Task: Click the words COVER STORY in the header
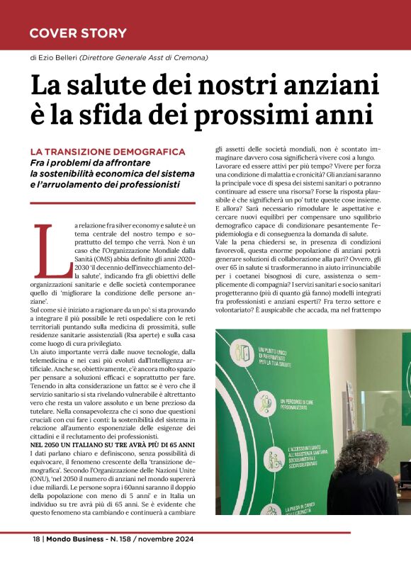78,33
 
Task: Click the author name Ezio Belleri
59,57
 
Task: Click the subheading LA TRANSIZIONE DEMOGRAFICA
107,152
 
